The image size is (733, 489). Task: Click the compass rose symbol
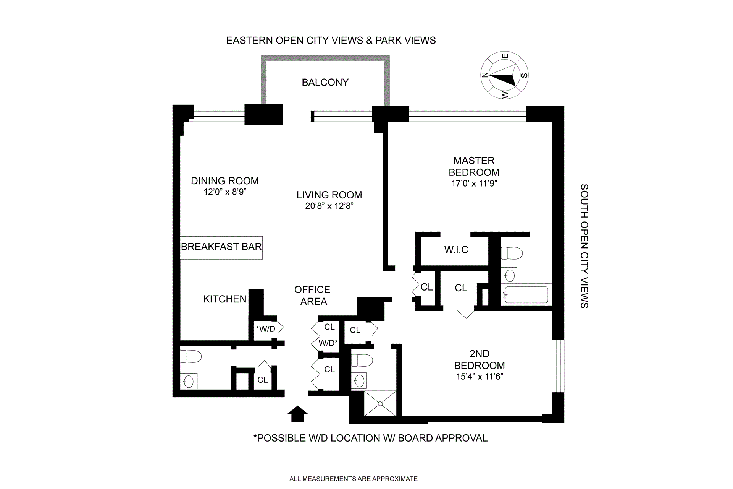click(504, 75)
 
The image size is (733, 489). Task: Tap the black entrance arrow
click(297, 414)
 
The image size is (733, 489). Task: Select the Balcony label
click(325, 82)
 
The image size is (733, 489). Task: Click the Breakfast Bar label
click(221, 247)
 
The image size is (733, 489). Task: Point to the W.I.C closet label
click(456, 250)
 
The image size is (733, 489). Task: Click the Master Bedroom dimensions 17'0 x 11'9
click(474, 184)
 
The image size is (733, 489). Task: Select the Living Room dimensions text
click(329, 206)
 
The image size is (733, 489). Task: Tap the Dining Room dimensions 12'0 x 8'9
click(225, 192)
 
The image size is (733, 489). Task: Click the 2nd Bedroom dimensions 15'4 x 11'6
click(480, 377)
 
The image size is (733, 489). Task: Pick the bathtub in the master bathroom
click(526, 294)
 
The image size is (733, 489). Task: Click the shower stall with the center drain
click(380, 403)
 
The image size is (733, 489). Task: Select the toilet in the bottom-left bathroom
click(191, 356)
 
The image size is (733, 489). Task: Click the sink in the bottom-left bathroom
click(189, 381)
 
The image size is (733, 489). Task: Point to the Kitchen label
click(224, 299)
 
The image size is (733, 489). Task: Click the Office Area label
click(313, 296)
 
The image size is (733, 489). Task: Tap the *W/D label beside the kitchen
click(266, 329)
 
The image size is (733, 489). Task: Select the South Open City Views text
click(584, 246)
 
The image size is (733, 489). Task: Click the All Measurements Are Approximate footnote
click(353, 479)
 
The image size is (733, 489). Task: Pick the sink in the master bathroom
click(509, 275)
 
